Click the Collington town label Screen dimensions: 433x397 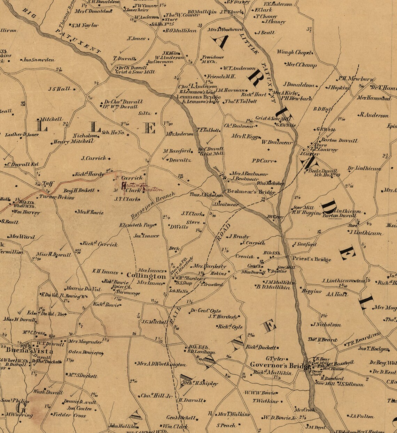point(146,276)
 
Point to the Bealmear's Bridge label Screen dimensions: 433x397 point(251,192)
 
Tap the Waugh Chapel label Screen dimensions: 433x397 point(294,52)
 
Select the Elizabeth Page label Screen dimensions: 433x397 point(137,225)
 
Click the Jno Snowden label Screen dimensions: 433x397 point(39,60)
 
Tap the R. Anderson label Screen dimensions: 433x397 point(375,115)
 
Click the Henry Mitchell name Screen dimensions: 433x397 point(74,142)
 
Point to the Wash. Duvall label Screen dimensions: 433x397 point(48,392)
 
